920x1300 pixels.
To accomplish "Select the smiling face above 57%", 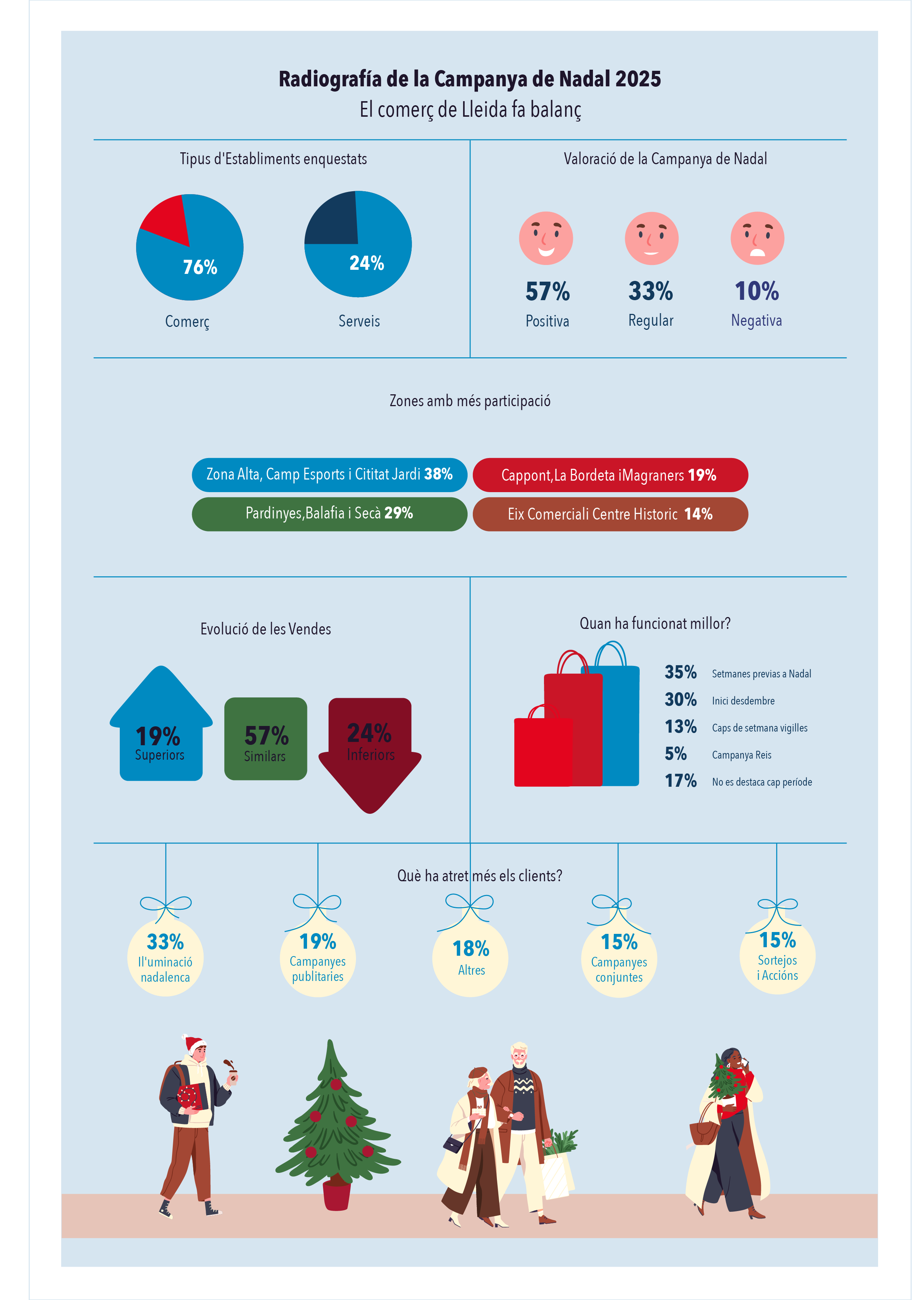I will pos(545,238).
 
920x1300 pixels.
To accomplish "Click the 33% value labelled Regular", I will pos(650,291).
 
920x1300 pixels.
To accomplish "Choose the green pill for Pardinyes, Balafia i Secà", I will pos(329,514).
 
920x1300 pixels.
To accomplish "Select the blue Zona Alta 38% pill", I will pos(329,474).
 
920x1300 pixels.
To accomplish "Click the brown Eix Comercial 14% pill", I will pos(610,514).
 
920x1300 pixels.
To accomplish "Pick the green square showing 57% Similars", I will pos(266,739).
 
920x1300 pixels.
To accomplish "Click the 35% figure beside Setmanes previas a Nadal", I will pos(680,672).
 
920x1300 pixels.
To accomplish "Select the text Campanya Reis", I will pos(742,755).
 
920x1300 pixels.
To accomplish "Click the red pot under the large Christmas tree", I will pos(336,1195).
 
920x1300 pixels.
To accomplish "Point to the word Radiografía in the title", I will pos(330,79).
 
